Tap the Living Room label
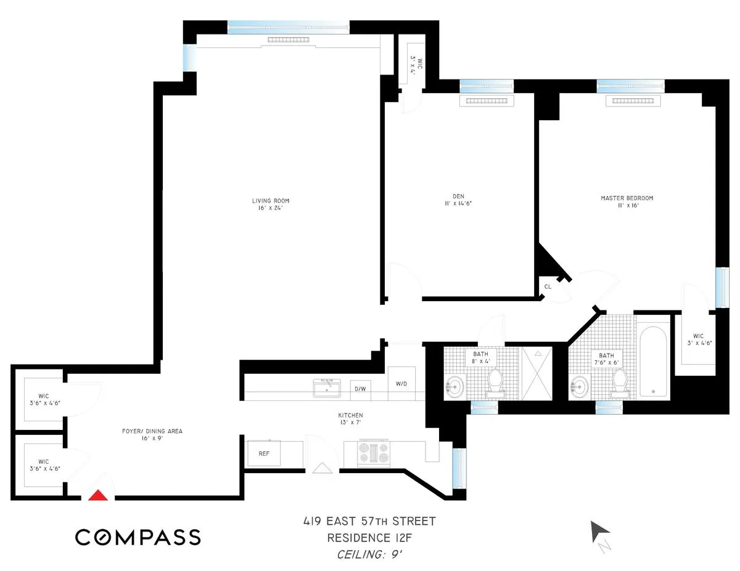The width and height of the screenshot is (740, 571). pos(270,205)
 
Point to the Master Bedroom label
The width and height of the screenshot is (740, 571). pos(627,202)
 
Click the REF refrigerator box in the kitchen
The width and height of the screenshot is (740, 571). pos(263,453)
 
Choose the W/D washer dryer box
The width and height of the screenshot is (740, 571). pos(401,384)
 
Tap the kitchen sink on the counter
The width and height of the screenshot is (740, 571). pos(327,388)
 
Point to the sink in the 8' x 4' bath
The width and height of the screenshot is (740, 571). pos(454,386)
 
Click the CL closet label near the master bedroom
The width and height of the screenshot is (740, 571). pos(548,286)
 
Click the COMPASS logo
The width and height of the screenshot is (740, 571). pos(138,537)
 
